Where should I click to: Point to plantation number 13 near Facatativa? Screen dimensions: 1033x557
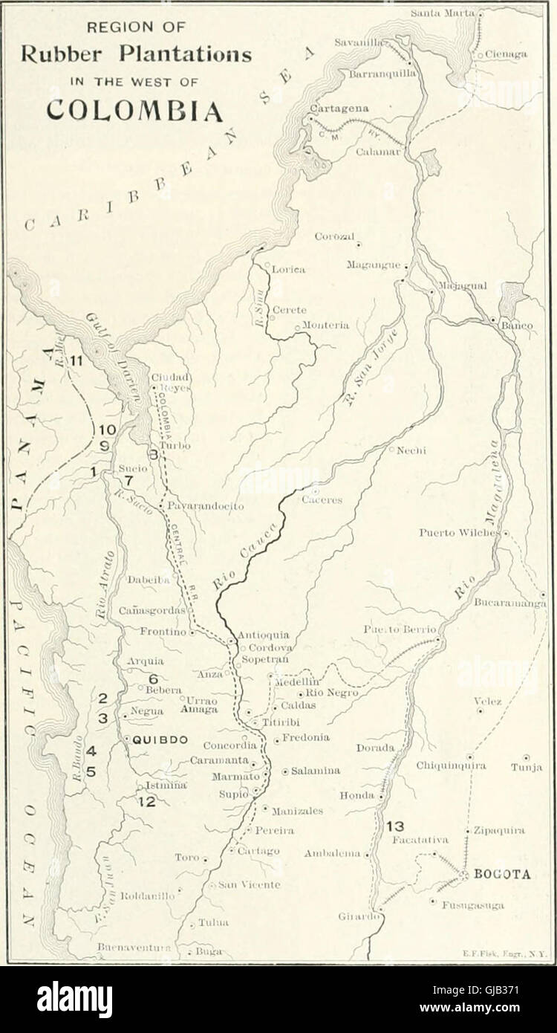point(395,826)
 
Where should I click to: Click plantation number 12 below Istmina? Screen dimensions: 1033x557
point(146,801)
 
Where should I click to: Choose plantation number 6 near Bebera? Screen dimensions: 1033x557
point(154,678)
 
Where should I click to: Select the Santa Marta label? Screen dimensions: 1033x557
point(445,13)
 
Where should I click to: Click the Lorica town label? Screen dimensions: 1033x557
point(289,270)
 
